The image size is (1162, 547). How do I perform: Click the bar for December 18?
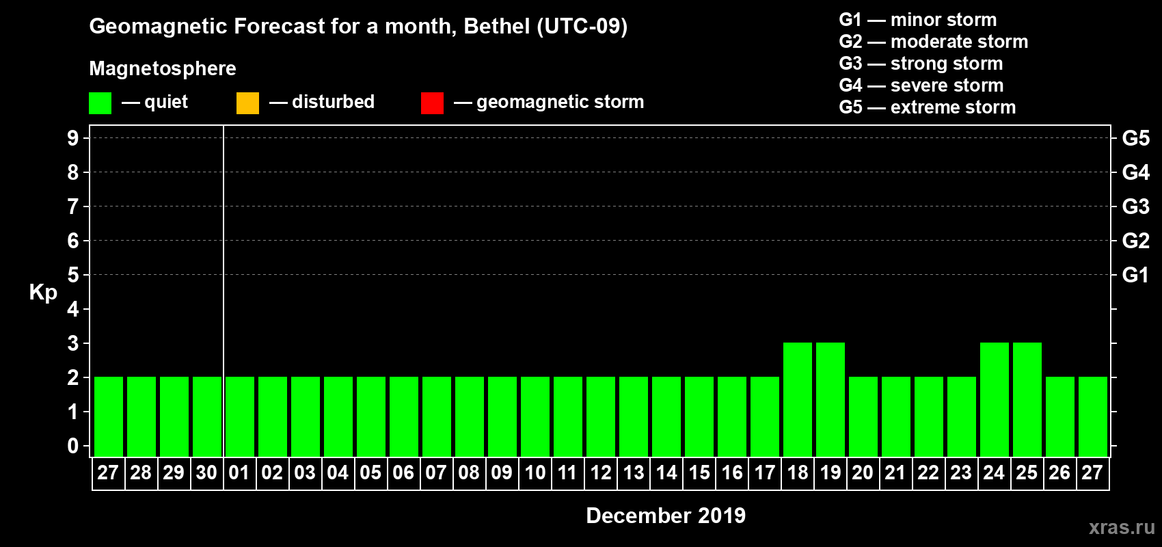798,399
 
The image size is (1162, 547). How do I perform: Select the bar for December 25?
1027,399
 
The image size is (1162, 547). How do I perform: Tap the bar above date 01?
240,416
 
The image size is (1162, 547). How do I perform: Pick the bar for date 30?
207,416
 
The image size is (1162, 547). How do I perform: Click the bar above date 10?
535,416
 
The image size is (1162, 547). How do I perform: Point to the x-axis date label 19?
830,472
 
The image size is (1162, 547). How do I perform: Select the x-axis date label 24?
994,472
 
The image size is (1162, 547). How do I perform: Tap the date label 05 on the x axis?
370,472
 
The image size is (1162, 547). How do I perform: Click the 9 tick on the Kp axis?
73,138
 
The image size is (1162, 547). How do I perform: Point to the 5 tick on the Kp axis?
73,275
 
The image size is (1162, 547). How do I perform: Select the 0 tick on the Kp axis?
73,446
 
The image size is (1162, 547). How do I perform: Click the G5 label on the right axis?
1135,138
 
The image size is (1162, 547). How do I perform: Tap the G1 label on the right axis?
1135,275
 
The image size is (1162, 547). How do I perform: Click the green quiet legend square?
100,103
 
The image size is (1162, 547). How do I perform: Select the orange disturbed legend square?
247,103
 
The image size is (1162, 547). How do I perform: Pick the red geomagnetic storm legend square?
432,103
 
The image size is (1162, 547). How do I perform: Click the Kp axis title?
43,292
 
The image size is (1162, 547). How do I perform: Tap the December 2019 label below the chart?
666,516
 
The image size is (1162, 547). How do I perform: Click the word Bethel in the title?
497,26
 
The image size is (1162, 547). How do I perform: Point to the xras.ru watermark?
1122,527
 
